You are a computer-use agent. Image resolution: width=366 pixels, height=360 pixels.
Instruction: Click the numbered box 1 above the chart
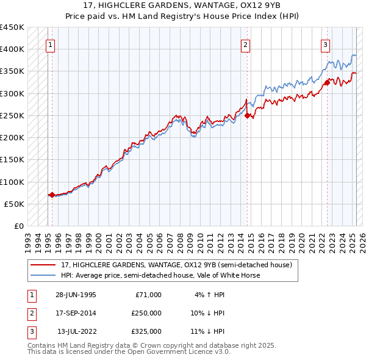[x=49, y=44]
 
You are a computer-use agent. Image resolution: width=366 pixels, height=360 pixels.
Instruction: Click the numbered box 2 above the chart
[x=245, y=44]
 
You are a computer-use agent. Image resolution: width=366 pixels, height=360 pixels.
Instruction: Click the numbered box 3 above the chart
[x=325, y=44]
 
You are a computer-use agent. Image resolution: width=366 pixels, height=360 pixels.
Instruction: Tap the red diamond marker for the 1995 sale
[x=52, y=195]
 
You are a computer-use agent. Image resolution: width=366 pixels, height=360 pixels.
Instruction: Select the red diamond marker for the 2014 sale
[x=247, y=115]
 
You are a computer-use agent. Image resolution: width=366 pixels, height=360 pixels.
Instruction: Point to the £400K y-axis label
[x=12, y=49]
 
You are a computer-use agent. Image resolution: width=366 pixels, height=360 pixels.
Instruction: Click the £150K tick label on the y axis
[x=12, y=160]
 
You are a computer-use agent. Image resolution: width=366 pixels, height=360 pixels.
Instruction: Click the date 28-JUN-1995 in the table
[x=76, y=295]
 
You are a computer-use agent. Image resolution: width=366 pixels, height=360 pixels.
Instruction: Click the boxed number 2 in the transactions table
[x=30, y=313]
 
